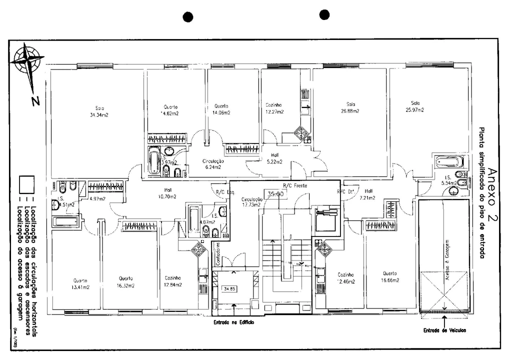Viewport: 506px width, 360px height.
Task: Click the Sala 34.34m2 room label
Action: [99, 111]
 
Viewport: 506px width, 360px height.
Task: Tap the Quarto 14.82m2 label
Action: [170, 109]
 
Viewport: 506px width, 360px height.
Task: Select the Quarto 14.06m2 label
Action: [221, 109]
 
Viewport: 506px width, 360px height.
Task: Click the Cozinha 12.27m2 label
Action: [274, 108]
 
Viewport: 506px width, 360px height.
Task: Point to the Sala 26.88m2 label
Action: [349, 107]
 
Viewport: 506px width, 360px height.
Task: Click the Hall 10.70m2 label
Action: [168, 193]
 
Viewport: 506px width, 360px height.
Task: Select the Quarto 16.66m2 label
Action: [390, 277]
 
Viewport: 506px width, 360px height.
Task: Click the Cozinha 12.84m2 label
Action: [172, 281]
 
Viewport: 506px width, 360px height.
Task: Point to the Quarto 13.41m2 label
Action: [80, 283]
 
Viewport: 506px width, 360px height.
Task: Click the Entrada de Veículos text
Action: [444, 330]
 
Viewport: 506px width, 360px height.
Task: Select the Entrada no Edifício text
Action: [233, 323]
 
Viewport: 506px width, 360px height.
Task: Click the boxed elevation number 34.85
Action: [230, 288]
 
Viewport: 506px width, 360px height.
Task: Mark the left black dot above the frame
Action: [188, 17]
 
